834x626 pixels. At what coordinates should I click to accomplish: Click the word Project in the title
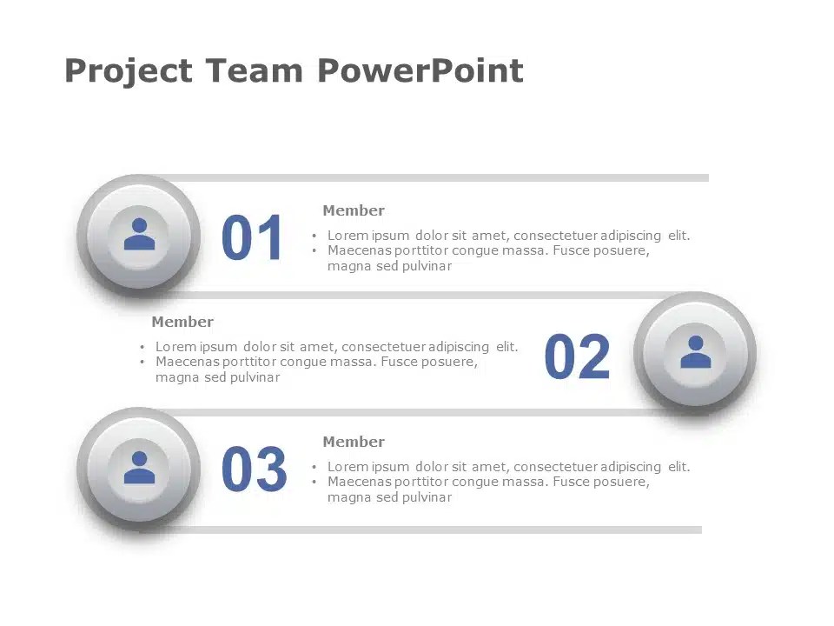(129, 71)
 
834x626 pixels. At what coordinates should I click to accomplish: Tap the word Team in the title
(254, 70)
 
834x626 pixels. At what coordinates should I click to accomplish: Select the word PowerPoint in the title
(420, 70)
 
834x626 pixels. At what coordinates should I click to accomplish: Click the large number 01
(252, 237)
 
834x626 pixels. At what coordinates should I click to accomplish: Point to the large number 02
(577, 356)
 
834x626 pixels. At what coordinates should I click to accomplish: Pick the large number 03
(255, 469)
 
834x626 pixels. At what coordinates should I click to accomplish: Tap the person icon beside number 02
(696, 352)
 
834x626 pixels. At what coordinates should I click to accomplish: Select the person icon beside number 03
(139, 468)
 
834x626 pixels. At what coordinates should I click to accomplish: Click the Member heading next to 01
(354, 210)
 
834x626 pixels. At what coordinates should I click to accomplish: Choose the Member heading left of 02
(182, 322)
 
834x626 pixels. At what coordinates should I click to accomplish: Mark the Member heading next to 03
(354, 442)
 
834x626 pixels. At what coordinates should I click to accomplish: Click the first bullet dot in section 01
(314, 236)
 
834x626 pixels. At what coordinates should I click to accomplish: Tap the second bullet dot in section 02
(142, 362)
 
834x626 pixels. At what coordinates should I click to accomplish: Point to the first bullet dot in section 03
(314, 468)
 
